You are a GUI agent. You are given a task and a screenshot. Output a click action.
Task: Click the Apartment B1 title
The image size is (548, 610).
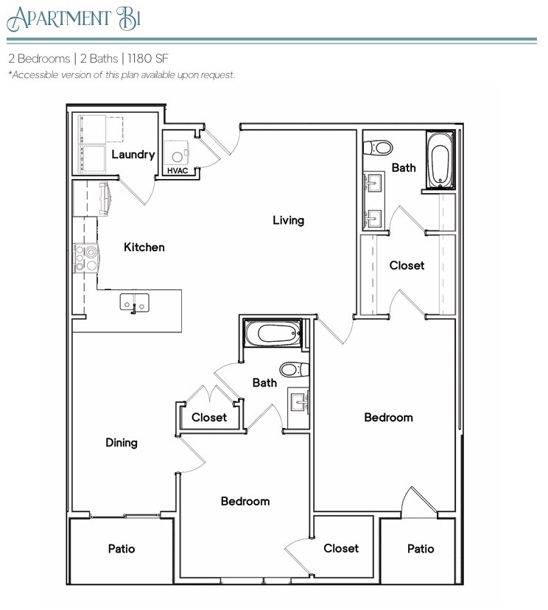point(72,18)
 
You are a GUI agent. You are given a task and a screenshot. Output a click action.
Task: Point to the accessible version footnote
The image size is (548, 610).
point(122,75)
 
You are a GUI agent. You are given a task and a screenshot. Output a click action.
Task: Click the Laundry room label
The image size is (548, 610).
point(133,155)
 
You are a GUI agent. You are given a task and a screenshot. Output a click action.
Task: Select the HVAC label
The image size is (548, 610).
point(177,171)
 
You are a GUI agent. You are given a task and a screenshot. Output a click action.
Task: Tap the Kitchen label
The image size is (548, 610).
point(144,248)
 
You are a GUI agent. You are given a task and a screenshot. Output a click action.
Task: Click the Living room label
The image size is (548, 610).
point(288,220)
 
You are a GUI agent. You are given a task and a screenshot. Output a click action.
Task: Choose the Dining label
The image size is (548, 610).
point(122,443)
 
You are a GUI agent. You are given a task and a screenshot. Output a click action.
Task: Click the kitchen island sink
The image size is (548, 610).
point(135,302)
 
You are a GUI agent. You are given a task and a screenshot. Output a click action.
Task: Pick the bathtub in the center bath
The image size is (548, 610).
point(273,334)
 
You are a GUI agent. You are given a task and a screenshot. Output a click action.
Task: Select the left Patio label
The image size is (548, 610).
point(122,549)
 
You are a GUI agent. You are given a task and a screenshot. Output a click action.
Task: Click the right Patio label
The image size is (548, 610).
point(421,549)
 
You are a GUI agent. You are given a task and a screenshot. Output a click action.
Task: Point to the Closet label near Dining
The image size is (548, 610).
point(209,418)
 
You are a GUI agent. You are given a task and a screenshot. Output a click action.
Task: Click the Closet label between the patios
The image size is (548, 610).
point(341,548)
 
